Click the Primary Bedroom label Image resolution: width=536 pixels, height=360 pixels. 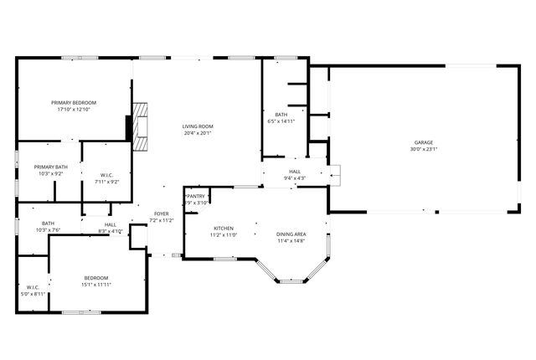tap(73, 101)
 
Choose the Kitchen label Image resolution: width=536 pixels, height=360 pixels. tap(223, 228)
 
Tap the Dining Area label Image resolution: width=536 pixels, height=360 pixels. tap(291, 234)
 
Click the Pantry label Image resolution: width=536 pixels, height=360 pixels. tap(196, 196)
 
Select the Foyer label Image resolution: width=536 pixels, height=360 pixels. tap(161, 214)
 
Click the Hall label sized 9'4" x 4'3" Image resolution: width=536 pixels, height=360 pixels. tap(295, 171)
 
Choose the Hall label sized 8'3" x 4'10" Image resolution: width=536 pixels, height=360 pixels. tap(111, 224)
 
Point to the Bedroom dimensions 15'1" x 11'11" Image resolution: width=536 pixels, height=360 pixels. tap(96, 285)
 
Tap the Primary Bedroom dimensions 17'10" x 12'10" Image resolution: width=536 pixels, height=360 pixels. tap(73, 109)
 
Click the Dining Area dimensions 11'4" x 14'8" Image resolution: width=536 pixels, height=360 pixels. tap(291, 241)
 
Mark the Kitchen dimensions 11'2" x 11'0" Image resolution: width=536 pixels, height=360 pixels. tap(223, 235)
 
